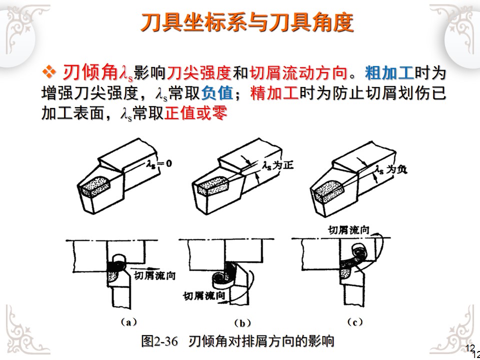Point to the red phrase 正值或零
(195, 113)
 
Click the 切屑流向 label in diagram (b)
(202, 296)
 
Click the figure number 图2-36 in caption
(159, 341)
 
